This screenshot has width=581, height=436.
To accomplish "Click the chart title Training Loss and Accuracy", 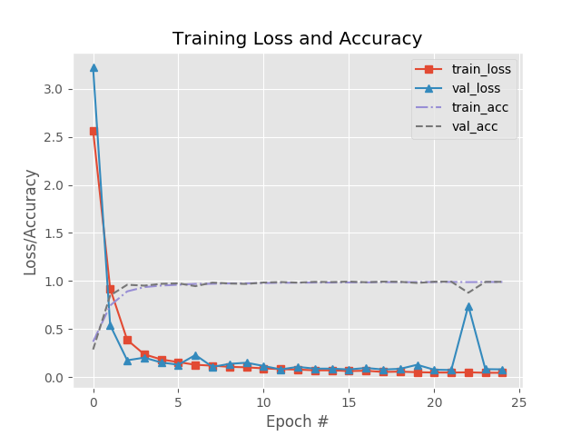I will click(297, 39).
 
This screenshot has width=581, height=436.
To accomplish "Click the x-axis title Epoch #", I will click(297, 421).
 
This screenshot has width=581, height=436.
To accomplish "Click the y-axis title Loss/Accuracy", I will click(31, 222).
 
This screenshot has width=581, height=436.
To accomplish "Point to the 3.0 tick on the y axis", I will click(52, 89).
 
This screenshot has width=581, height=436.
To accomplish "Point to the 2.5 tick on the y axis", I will click(52, 137).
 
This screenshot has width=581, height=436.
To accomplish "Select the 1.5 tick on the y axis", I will click(52, 233).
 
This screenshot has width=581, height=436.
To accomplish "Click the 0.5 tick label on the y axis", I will click(52, 330).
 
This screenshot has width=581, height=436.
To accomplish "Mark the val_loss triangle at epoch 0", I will click(94, 67).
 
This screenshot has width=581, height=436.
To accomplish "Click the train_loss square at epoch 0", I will click(94, 131).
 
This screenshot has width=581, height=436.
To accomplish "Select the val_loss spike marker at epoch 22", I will click(468, 306).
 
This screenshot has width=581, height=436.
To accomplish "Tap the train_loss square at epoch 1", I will click(110, 290).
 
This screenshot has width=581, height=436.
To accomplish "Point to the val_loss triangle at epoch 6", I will click(195, 356).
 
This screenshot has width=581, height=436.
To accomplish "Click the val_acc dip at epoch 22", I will click(468, 292).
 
